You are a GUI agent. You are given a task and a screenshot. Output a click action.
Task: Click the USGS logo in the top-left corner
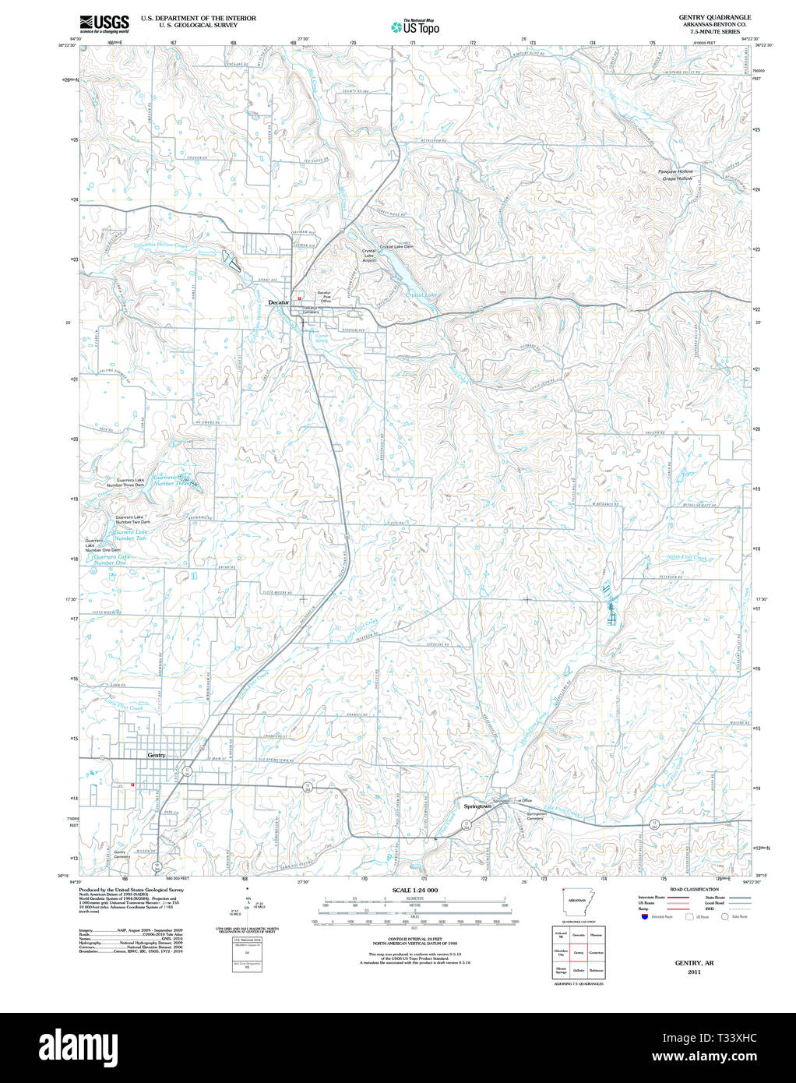click(x=104, y=23)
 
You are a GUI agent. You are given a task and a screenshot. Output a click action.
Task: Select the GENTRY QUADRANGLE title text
click(x=714, y=17)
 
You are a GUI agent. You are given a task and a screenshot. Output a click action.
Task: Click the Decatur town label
click(x=278, y=302)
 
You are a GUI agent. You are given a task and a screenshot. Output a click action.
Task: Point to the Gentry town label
click(x=157, y=755)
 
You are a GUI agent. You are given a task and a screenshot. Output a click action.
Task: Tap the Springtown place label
click(x=477, y=806)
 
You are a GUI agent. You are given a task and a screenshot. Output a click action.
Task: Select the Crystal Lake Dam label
click(x=396, y=247)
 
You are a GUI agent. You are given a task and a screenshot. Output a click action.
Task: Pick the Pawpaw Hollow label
click(x=674, y=171)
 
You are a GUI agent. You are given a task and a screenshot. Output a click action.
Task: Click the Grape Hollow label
click(x=677, y=178)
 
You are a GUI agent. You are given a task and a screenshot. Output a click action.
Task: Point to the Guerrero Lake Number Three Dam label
click(x=130, y=482)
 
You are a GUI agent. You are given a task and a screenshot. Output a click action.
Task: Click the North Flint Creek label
click(x=687, y=558)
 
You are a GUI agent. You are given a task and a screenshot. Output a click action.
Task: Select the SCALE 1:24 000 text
click(x=414, y=890)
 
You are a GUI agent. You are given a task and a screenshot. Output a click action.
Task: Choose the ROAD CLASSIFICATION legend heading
click(x=694, y=889)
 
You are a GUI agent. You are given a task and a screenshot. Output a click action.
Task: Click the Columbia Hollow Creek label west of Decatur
click(x=160, y=245)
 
